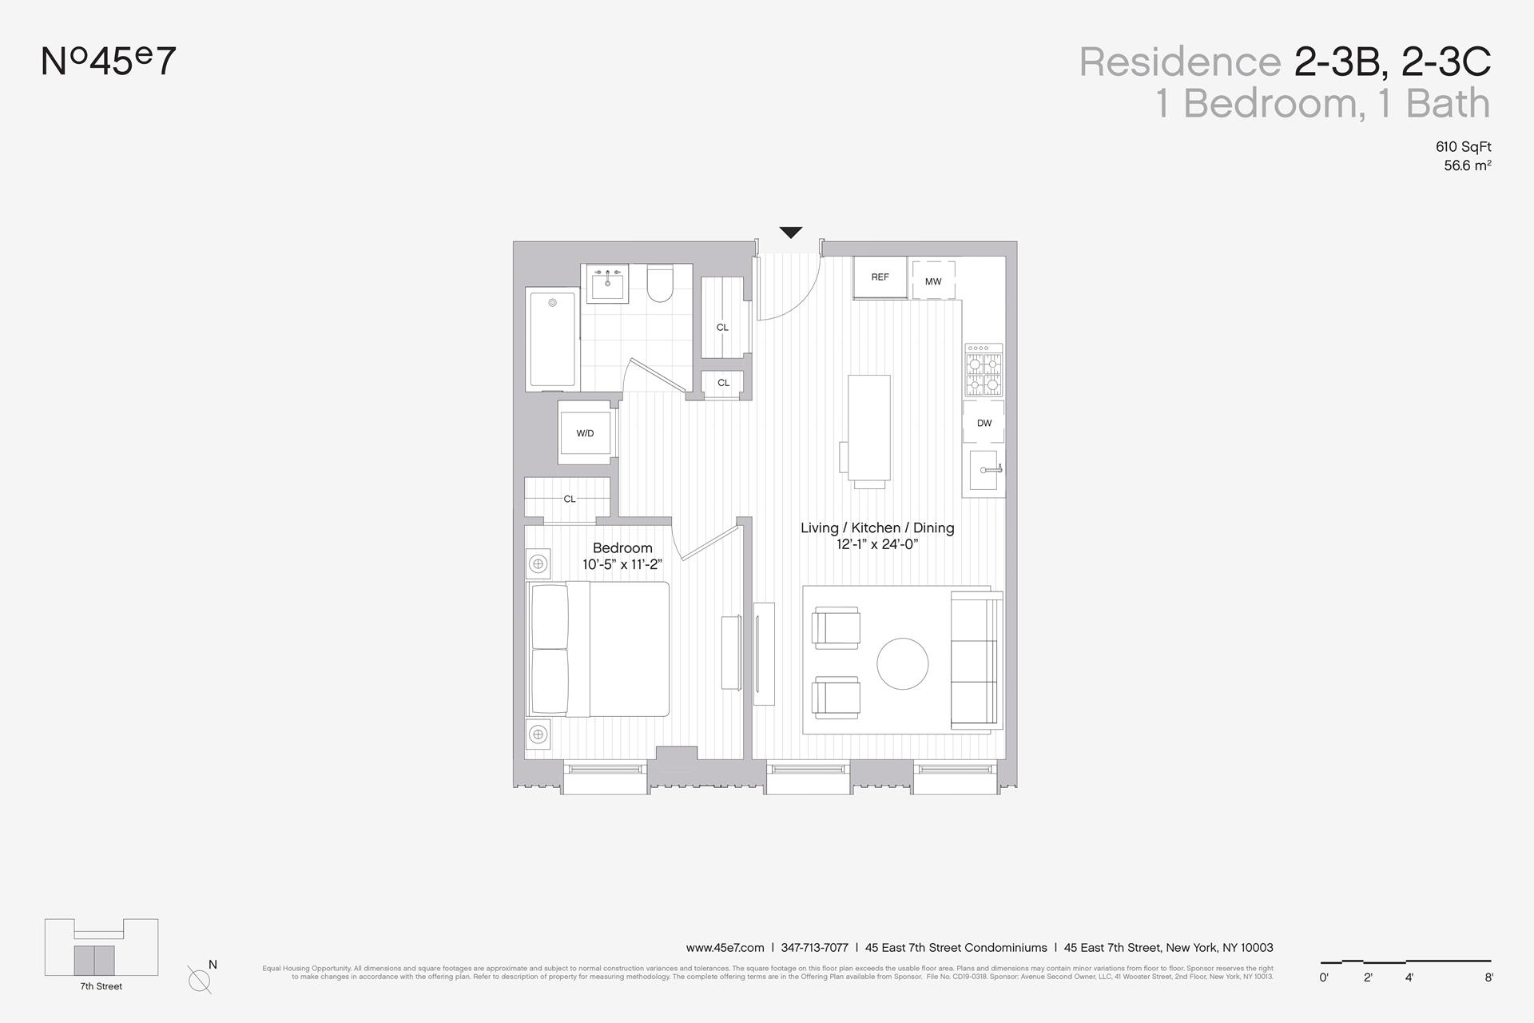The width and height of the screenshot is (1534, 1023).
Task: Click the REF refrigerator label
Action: (880, 277)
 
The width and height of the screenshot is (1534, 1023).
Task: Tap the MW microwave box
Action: (933, 281)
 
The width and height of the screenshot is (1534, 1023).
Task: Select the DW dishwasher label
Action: (984, 423)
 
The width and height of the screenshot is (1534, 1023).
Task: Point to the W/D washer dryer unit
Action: (585, 433)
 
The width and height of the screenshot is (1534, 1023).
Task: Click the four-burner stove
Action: (984, 370)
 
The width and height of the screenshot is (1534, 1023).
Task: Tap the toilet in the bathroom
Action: (660, 284)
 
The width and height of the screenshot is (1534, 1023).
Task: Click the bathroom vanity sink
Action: (607, 284)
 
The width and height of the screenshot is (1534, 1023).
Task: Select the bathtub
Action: (552, 339)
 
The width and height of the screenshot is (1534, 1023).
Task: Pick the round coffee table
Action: (903, 663)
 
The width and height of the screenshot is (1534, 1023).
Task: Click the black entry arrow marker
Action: (790, 233)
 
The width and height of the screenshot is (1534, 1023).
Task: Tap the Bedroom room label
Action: (622, 548)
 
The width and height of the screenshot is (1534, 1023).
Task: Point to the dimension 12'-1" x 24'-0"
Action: (877, 545)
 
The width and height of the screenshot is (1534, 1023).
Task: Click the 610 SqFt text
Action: (1463, 147)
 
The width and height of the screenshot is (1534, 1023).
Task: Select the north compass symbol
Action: (200, 978)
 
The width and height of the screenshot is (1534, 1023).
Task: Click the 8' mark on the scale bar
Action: (1488, 977)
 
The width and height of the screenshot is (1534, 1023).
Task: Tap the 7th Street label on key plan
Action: (101, 986)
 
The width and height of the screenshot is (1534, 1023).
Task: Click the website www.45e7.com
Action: (725, 948)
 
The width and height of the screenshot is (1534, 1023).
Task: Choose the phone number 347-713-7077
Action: (814, 948)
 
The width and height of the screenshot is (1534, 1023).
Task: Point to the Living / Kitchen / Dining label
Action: (877, 527)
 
